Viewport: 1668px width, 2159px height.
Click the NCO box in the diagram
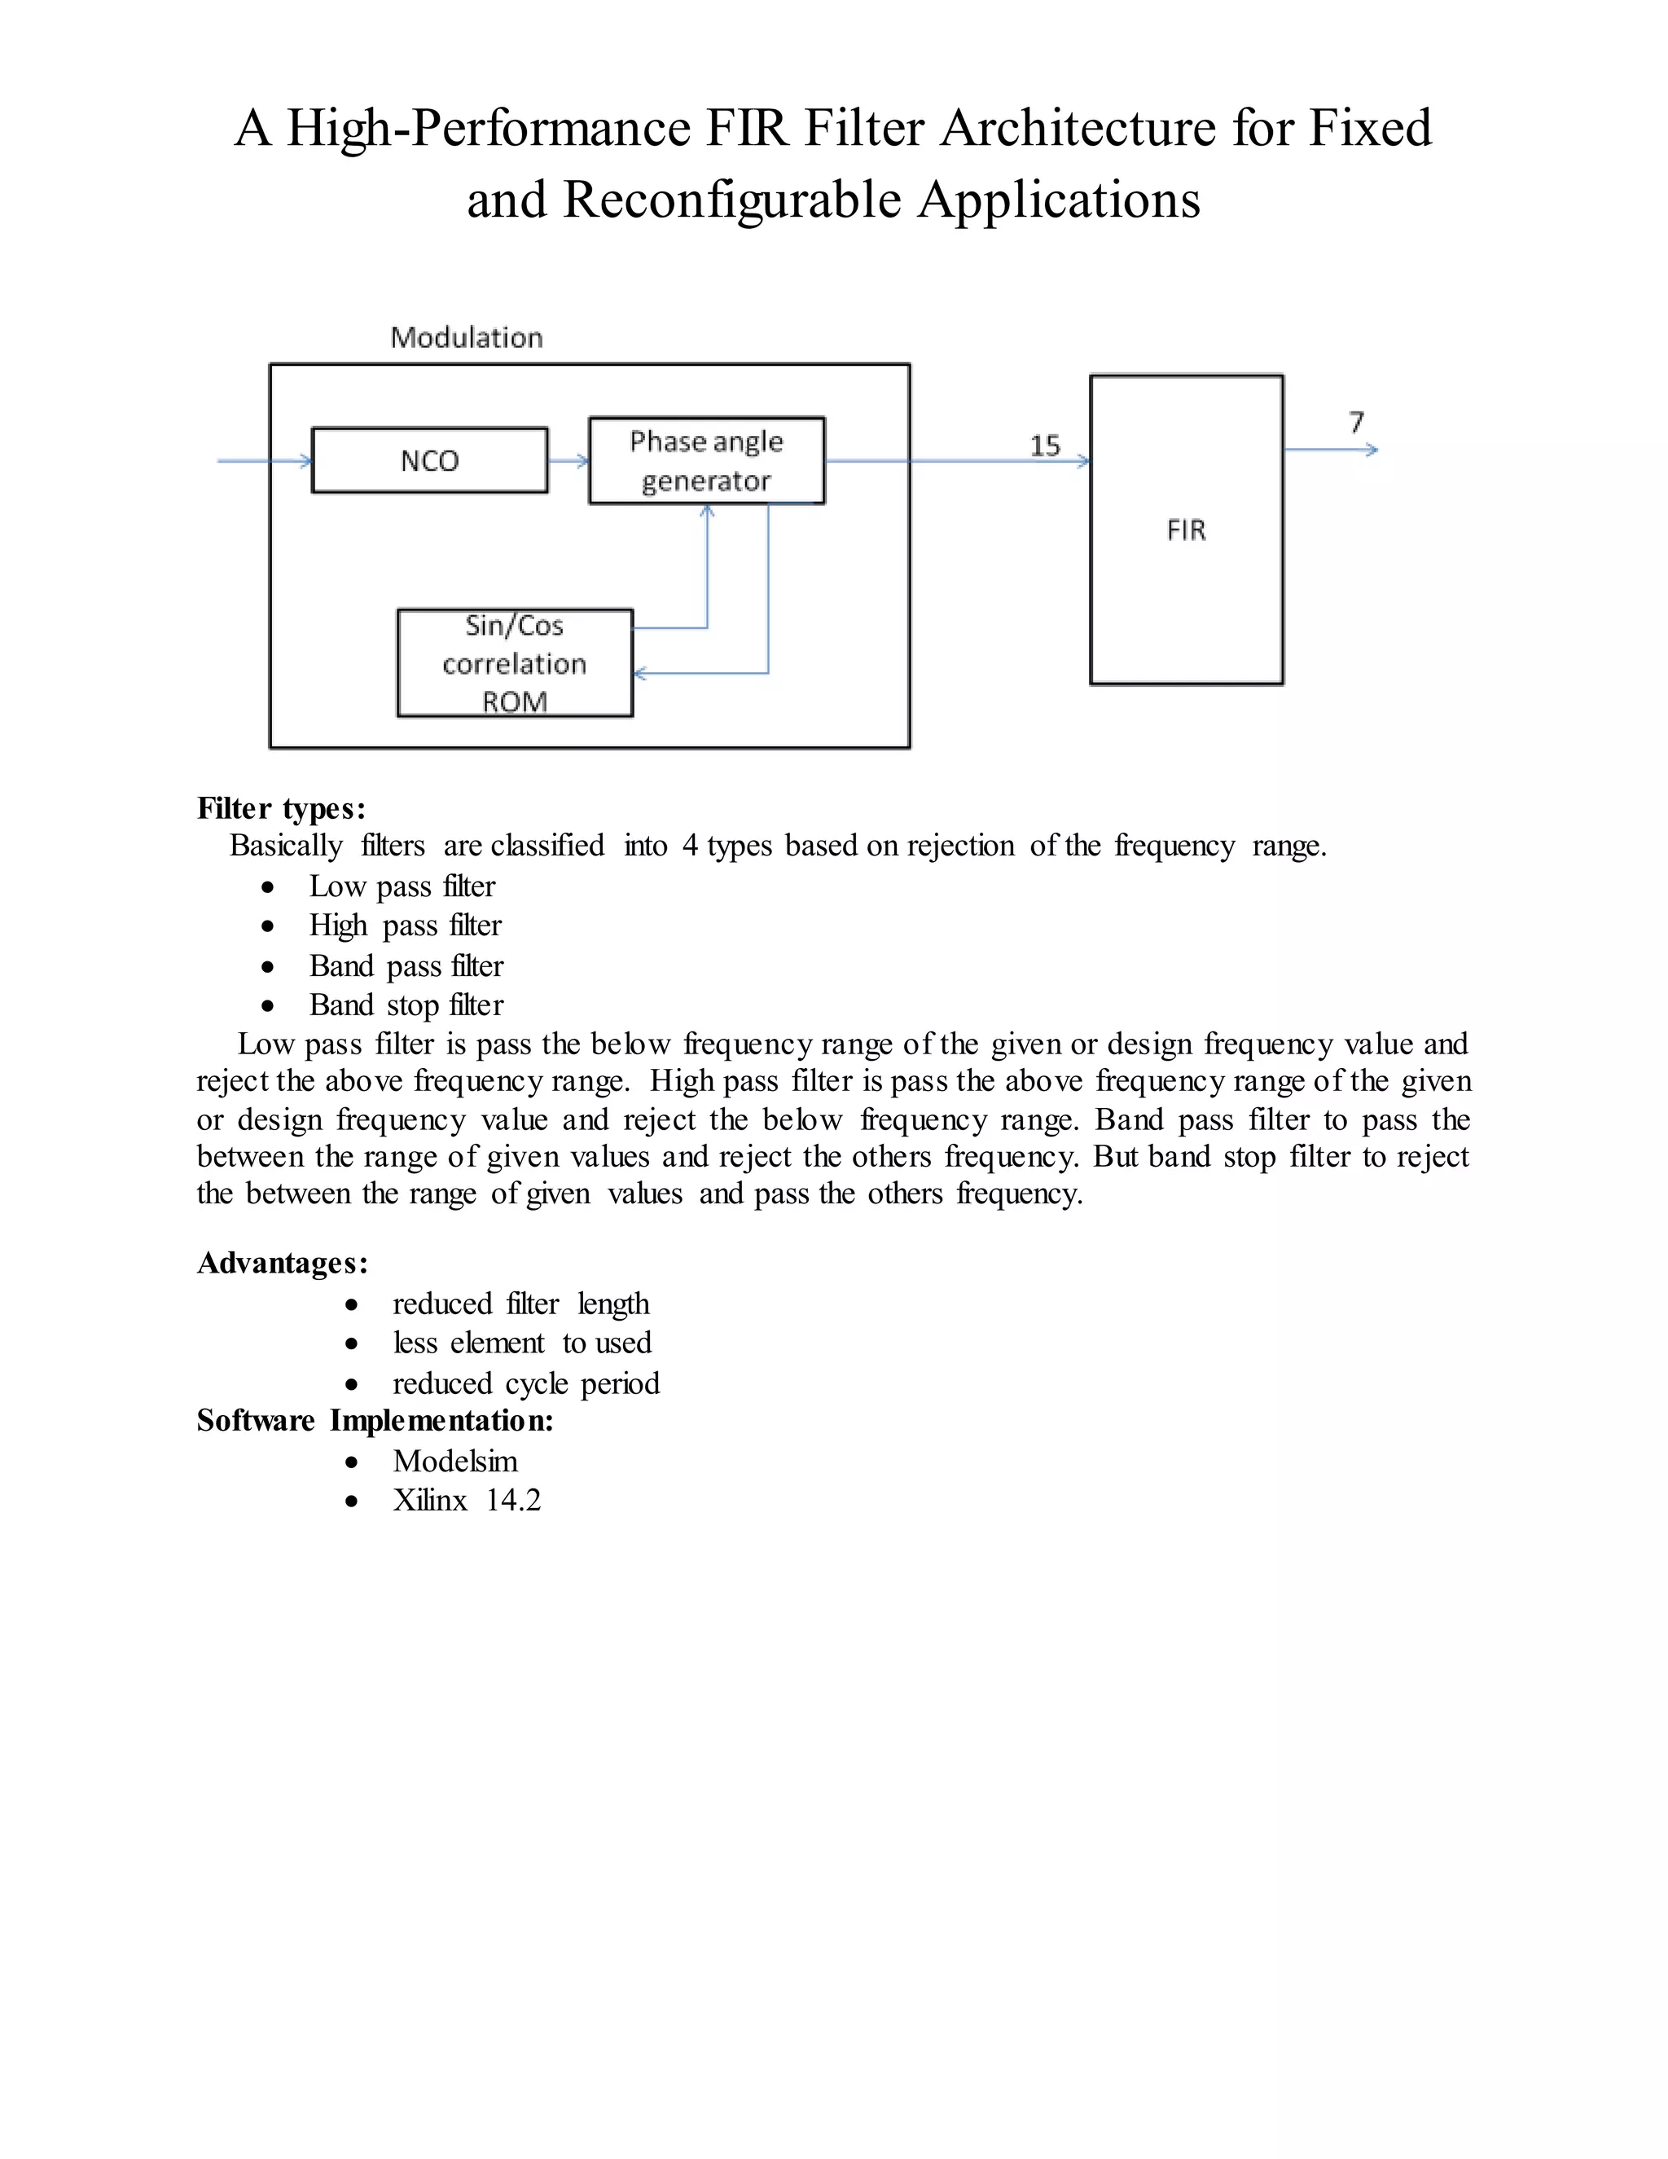(429, 460)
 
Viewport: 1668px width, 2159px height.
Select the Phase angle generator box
(706, 460)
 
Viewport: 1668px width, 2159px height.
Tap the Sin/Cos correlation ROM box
(515, 663)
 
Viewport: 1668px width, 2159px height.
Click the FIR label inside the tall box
(1186, 531)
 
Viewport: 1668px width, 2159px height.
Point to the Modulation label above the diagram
(467, 338)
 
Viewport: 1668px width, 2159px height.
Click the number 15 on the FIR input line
(1044, 446)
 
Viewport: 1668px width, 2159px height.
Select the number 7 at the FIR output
(1357, 422)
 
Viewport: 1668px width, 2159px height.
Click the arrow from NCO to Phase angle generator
(568, 460)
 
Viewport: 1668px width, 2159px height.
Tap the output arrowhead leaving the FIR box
(1371, 450)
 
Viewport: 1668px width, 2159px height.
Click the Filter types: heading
(282, 809)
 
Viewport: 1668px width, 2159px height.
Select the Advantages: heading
(283, 1264)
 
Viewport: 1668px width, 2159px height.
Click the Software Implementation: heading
(375, 1421)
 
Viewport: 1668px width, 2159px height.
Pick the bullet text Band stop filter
(406, 1005)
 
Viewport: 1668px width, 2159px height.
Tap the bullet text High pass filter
(405, 926)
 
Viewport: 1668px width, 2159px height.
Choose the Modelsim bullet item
(454, 1461)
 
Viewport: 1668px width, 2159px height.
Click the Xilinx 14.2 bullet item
(467, 1501)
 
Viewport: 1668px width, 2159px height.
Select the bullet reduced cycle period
(525, 1383)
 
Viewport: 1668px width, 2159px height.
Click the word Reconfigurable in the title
(732, 200)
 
